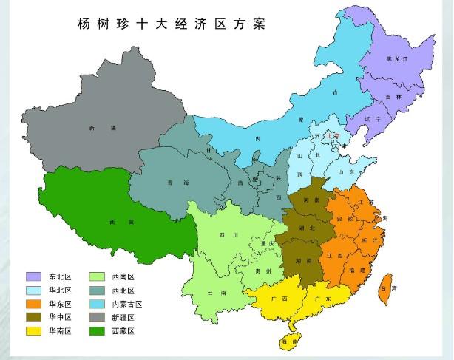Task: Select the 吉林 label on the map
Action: (x=393, y=97)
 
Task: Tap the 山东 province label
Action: (x=346, y=171)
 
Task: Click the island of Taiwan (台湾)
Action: (x=384, y=289)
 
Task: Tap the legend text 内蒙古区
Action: (x=126, y=304)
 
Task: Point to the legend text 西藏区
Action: (x=123, y=330)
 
